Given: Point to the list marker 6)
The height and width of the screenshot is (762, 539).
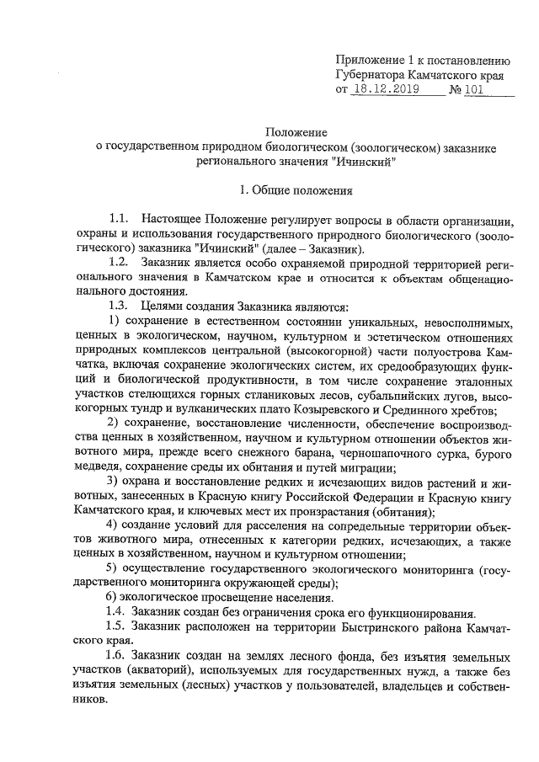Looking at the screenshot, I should (116, 597).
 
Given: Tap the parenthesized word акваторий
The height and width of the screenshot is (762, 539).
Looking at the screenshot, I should (163, 671).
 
